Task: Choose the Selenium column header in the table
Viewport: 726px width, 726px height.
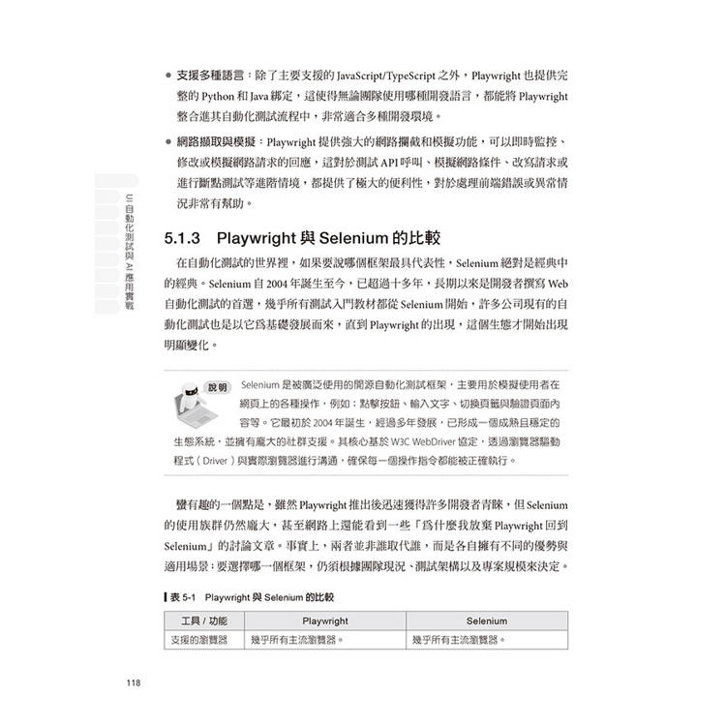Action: pos(485,620)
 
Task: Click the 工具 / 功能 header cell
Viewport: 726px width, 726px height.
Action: pos(204,620)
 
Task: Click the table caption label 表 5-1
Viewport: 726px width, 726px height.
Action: pos(182,597)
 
